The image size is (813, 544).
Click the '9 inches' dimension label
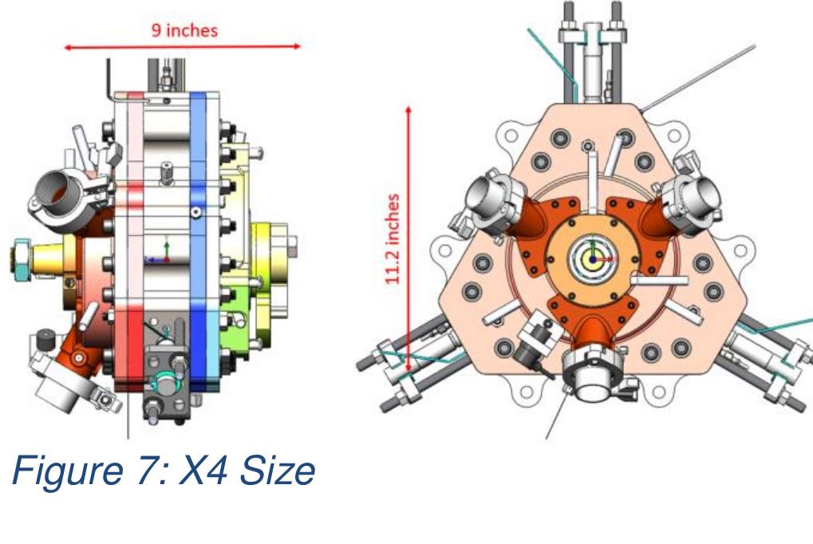[184, 32]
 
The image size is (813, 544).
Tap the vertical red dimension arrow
[410, 239]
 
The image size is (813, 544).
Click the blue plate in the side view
[198, 239]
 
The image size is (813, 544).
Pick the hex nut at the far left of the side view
[17, 257]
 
